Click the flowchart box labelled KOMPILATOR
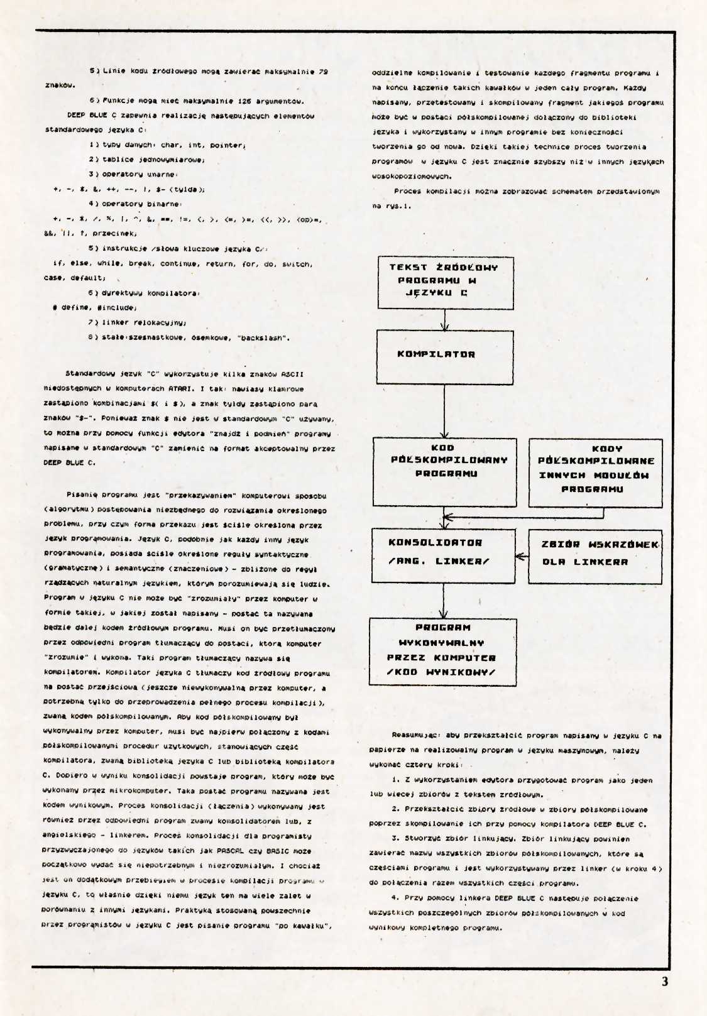coord(445,357)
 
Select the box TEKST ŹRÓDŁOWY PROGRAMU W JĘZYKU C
coord(445,282)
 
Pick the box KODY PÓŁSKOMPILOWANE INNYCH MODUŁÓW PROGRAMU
coord(595,473)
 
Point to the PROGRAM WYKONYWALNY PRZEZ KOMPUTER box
coord(442,652)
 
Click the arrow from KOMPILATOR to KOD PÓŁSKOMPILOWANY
coord(444,412)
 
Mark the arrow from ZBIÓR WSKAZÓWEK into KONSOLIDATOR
coord(522,556)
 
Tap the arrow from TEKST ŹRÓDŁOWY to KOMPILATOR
coord(445,320)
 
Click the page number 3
coord(665,981)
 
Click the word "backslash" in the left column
coord(263,337)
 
